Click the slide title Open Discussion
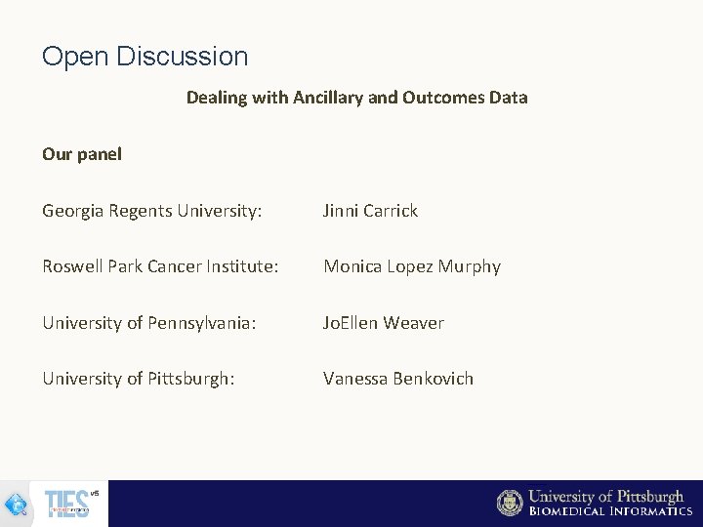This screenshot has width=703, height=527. pos(145,57)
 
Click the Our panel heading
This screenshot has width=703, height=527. pos(82,154)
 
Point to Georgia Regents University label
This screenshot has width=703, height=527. pos(151,211)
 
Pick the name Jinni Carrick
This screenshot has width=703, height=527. pos(370,211)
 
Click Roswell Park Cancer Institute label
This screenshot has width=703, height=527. pos(160,266)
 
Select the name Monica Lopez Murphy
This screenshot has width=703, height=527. pos(411,266)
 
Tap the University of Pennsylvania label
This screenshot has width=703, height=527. pos(148,323)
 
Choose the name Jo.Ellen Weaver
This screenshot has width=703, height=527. pos(383,323)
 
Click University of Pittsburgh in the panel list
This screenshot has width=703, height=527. pos(138,379)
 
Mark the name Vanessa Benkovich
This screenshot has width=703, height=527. pos(397,379)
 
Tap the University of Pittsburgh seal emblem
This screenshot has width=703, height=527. pos(510,503)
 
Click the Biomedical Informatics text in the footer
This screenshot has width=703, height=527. pos(610,511)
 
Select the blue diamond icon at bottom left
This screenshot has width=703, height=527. pos(16,505)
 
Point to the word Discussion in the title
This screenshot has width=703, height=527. pos(182,57)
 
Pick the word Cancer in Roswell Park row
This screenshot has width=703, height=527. pos(189,266)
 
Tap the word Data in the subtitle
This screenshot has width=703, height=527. pos(509,98)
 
